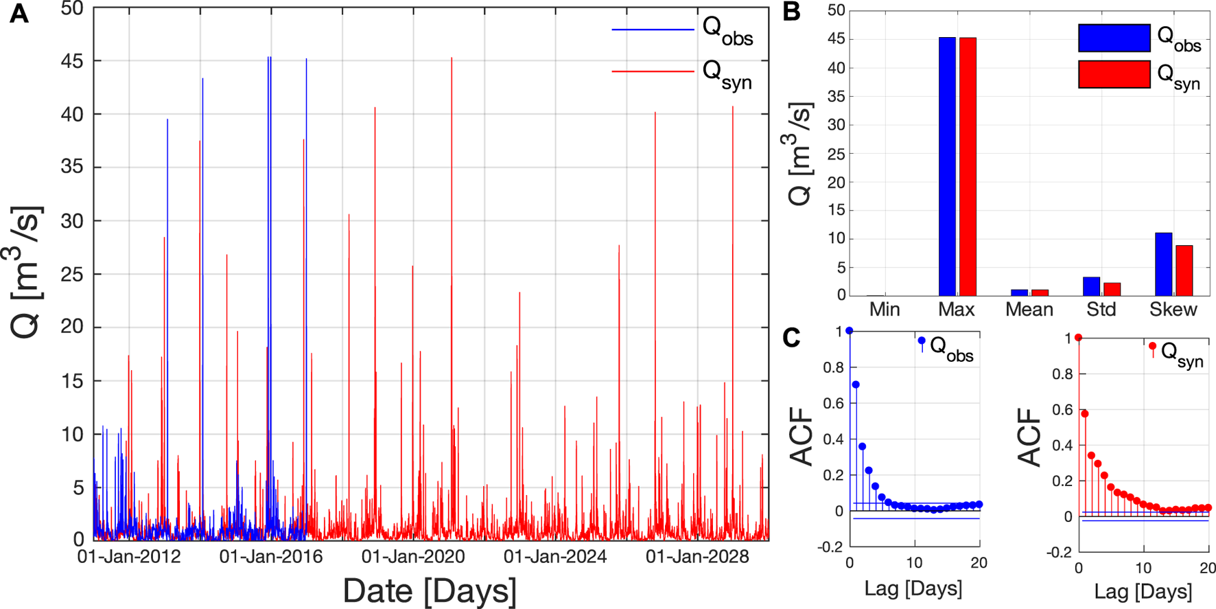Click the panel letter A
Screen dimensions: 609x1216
point(19,14)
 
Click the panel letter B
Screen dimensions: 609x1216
point(791,12)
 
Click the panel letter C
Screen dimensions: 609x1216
point(791,338)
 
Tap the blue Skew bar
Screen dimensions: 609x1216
point(1163,264)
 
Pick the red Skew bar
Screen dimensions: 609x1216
point(1184,271)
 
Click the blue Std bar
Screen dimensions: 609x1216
point(1091,286)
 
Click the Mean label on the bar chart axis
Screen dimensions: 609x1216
point(1029,310)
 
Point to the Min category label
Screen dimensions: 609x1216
point(885,310)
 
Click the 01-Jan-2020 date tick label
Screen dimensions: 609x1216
point(413,557)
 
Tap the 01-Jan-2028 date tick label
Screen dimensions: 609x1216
point(697,557)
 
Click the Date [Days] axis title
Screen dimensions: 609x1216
point(430,591)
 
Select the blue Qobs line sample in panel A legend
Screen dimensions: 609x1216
point(653,30)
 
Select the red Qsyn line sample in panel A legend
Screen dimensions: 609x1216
point(653,71)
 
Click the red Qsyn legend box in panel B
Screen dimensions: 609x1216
point(1114,74)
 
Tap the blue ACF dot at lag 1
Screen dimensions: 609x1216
point(856,384)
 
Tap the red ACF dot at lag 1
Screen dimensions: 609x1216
point(1085,414)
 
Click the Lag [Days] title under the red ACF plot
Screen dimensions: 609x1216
point(1143,591)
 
